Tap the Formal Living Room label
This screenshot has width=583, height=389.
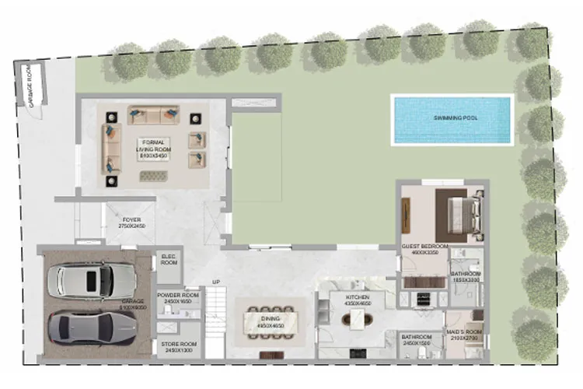point(154,149)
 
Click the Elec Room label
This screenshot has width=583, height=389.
point(169,260)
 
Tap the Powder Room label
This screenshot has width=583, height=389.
point(178,298)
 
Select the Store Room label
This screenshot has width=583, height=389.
point(178,346)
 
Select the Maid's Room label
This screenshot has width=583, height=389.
point(465,334)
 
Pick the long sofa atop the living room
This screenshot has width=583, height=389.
point(153,116)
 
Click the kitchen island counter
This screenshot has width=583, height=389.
point(358,320)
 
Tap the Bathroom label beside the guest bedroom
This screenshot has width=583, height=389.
point(466,276)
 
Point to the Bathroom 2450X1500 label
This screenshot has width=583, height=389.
point(416,339)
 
